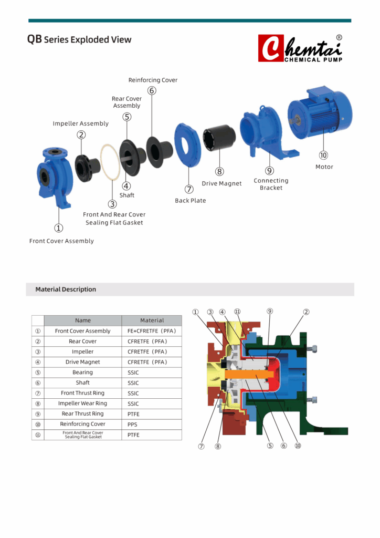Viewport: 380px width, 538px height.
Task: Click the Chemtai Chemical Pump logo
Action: tap(300, 48)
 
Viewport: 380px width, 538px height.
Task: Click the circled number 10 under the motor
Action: tap(323, 155)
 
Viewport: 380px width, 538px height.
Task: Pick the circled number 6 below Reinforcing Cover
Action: tap(152, 90)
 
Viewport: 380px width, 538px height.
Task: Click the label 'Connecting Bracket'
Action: tap(271, 184)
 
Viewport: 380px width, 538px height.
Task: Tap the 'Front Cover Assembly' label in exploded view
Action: tap(61, 241)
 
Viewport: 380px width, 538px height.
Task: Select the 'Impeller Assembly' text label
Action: tap(80, 123)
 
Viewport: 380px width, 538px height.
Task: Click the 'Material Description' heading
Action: tap(66, 289)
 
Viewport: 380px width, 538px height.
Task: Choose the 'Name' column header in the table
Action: tap(83, 320)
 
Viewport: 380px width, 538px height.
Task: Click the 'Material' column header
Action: tap(152, 320)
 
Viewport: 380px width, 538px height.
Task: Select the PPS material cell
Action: tap(133, 425)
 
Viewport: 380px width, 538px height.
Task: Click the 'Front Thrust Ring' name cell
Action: tap(83, 393)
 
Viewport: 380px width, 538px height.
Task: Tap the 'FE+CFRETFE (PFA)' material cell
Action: tap(152, 331)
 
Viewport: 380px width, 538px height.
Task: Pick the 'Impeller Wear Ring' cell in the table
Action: tap(83, 403)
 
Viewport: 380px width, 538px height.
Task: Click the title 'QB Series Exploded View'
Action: tap(79, 39)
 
